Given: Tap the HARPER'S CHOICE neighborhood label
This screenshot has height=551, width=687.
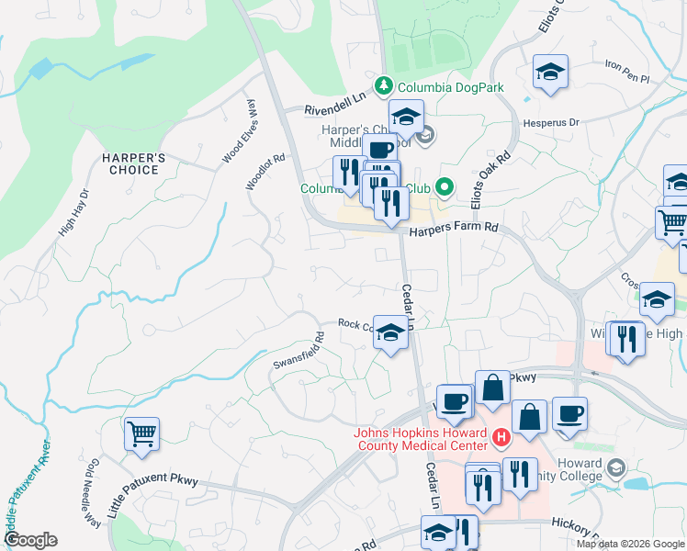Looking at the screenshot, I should [134, 163].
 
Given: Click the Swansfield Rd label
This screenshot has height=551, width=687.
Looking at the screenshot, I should [299, 350].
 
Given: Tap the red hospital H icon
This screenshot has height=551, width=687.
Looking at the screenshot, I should [501, 438].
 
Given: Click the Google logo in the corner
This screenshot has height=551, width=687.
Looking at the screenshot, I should [29, 540].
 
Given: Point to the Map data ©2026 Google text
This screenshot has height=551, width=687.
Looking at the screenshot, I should [630, 544].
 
